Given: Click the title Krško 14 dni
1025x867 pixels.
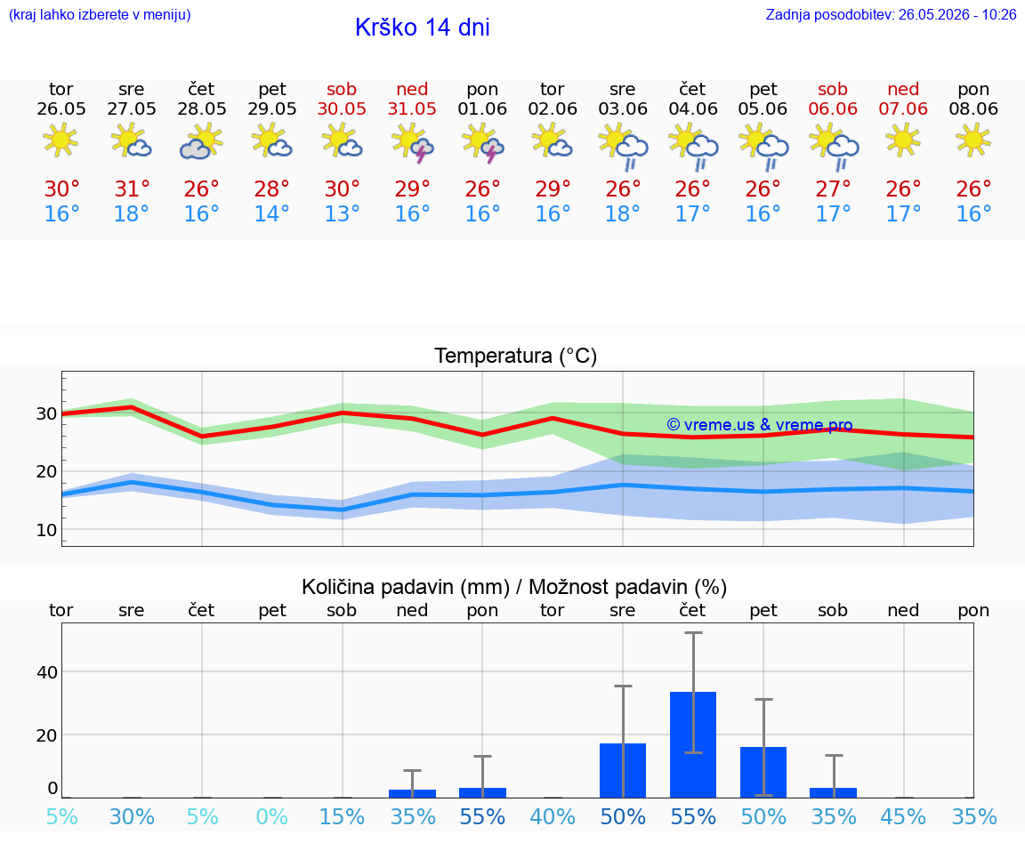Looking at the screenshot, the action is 423,28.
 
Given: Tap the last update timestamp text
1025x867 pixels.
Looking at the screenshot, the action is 891,15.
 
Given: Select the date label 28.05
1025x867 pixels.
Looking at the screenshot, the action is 202,108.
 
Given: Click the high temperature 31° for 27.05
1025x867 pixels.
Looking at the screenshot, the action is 132,189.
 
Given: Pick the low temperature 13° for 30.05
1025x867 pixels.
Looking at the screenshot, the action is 342,213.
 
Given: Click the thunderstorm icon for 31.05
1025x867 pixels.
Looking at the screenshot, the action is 412,145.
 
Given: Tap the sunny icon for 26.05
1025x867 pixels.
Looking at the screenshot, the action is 61,141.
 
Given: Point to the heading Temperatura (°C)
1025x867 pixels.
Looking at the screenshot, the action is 516,356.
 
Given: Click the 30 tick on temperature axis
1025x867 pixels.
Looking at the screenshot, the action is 46,413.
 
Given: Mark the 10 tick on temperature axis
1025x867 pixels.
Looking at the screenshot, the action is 46,530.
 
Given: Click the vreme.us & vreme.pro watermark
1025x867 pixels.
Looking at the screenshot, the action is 760,425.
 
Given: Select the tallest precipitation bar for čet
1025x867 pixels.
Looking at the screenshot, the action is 693,745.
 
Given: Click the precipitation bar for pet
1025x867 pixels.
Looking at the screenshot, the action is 763,772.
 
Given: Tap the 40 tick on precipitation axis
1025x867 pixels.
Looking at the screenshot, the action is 47,671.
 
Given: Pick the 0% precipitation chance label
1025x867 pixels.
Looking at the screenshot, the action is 272,816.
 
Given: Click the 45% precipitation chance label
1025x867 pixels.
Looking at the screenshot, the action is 903,816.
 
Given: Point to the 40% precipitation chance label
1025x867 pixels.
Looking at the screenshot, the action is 553,816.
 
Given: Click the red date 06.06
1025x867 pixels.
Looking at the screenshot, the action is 833,108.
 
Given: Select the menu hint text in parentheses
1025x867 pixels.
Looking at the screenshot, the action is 100,15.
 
